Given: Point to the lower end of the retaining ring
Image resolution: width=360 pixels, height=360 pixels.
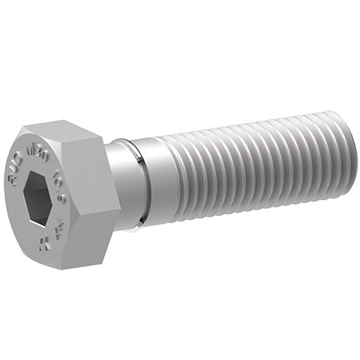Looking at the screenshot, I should coord(143,220).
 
